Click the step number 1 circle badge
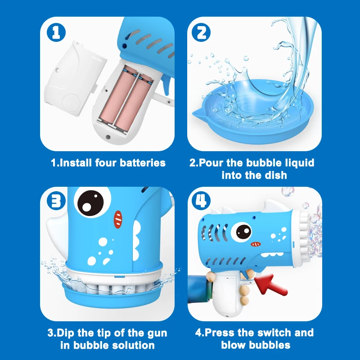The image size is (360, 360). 56,32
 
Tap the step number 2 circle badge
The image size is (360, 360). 201,32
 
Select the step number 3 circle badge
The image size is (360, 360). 56,201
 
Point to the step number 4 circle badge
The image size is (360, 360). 201,201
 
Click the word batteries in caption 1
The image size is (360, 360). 143,163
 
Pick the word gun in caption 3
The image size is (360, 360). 157,333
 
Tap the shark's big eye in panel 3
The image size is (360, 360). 92,202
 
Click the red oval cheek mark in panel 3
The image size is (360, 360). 118,220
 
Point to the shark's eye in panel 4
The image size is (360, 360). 242,231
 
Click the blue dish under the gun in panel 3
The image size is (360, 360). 113,297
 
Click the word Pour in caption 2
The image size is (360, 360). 211,163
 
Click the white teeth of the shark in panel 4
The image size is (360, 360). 272,254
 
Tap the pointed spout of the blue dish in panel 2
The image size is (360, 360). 198,113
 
